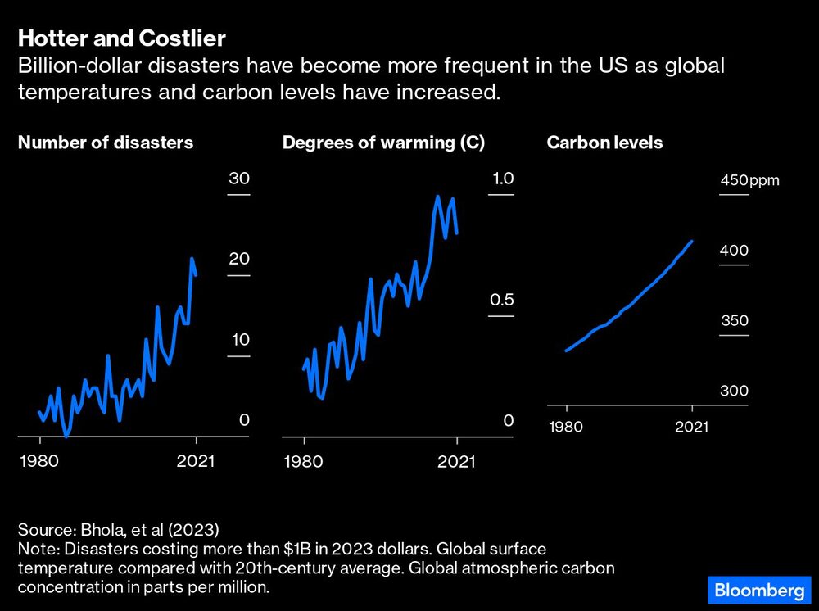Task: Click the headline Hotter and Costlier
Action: pyautogui.click(x=122, y=38)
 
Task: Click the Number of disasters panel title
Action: pyautogui.click(x=106, y=143)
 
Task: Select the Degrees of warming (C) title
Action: pyautogui.click(x=383, y=143)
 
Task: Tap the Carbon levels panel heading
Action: pyautogui.click(x=604, y=143)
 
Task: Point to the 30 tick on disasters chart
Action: pyautogui.click(x=238, y=179)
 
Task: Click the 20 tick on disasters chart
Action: pyautogui.click(x=238, y=259)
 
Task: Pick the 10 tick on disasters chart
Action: pyautogui.click(x=238, y=340)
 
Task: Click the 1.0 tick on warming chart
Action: pyautogui.click(x=502, y=179)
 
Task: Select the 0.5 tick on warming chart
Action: pyautogui.click(x=501, y=300)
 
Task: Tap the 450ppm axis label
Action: pyautogui.click(x=749, y=181)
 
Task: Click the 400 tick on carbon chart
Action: pyautogui.click(x=734, y=251)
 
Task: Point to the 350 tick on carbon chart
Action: pyautogui.click(x=734, y=320)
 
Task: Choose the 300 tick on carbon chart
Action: pyautogui.click(x=734, y=391)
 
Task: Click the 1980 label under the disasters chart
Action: pyautogui.click(x=40, y=461)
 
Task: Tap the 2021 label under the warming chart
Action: pyautogui.click(x=456, y=461)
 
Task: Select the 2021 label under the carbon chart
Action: pyautogui.click(x=691, y=426)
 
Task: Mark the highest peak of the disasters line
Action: pyautogui.click(x=192, y=259)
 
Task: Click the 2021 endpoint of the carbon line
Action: pyautogui.click(x=692, y=242)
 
